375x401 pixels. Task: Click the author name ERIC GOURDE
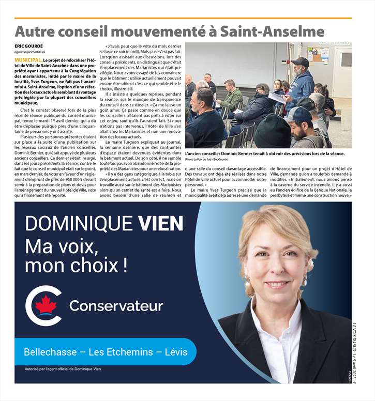[29, 47]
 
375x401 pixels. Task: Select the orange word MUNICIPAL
[28, 60]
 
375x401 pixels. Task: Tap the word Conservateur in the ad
[116, 306]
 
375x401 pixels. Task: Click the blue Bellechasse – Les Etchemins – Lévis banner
[106, 352]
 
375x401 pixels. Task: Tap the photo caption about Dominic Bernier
[264, 154]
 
